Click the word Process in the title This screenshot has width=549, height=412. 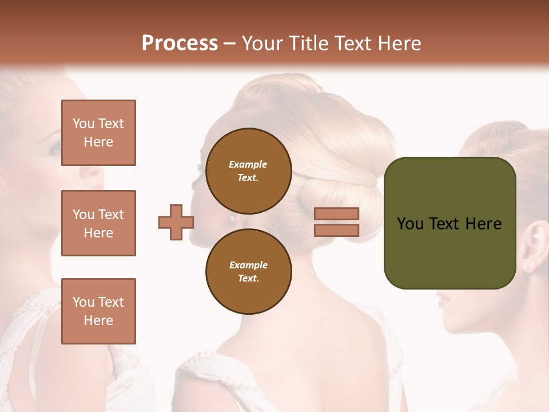click(180, 43)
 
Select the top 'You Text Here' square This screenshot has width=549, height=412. click(98, 133)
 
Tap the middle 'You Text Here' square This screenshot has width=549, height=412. click(98, 223)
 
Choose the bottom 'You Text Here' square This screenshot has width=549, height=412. click(98, 311)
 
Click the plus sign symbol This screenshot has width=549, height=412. click(176, 222)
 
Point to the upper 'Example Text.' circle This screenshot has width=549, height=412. click(248, 171)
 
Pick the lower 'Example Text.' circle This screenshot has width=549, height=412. click(248, 272)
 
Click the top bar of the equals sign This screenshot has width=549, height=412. click(337, 214)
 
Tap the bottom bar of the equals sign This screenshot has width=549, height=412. click(337, 230)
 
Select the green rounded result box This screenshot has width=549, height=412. click(449, 223)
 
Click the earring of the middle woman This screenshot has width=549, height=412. click(232, 217)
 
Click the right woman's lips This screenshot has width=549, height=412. click(443, 298)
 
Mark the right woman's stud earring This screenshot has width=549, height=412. click(526, 267)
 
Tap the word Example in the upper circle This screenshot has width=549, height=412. click(248, 164)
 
